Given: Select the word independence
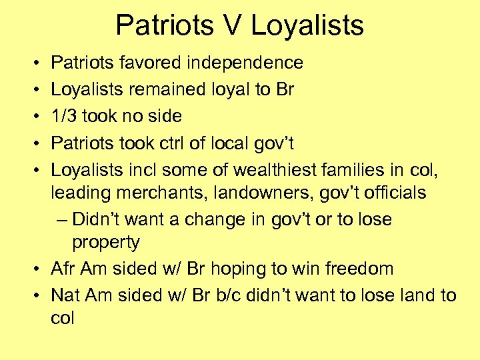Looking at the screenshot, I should pyautogui.click(x=247, y=63).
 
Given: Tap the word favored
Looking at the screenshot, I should pyautogui.click(x=155, y=63).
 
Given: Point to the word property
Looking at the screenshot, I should pyautogui.click(x=107, y=242).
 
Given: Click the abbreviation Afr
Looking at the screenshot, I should pyautogui.click(x=63, y=269).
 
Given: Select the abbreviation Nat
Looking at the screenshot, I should pyautogui.click(x=64, y=295).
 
